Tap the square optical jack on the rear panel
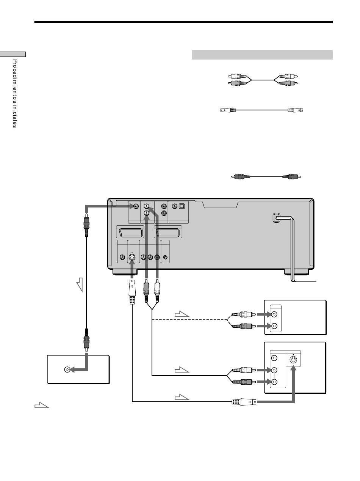tap(182, 206)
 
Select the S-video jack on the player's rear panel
tap(131, 257)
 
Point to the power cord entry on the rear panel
tap(276, 218)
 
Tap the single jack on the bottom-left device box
tap(67, 370)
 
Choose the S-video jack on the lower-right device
tap(293, 360)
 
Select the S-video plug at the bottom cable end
tap(244, 402)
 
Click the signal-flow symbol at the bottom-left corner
tap(42, 405)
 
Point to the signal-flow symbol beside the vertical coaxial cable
tap(80, 285)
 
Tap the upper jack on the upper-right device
tap(274, 314)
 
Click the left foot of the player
tap(125, 272)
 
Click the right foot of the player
tap(296, 272)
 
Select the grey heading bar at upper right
tap(262, 55)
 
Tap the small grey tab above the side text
tap(13, 54)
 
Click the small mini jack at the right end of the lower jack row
tap(165, 257)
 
